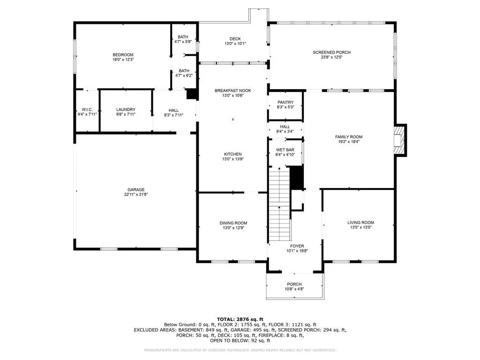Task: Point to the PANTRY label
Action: click(x=285, y=102)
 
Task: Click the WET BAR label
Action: click(x=285, y=150)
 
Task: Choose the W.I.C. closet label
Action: click(x=87, y=110)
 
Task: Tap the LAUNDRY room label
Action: click(x=126, y=110)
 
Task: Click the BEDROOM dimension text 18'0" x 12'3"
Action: click(x=123, y=60)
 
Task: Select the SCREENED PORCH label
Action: click(x=332, y=52)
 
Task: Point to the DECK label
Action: click(x=235, y=39)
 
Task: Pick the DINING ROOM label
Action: click(x=233, y=223)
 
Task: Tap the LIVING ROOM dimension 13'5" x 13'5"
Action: click(x=360, y=227)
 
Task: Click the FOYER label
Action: click(x=297, y=246)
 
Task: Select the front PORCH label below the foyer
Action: click(x=294, y=285)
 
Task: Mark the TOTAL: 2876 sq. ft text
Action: click(x=240, y=319)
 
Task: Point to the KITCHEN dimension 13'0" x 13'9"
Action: click(x=233, y=159)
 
